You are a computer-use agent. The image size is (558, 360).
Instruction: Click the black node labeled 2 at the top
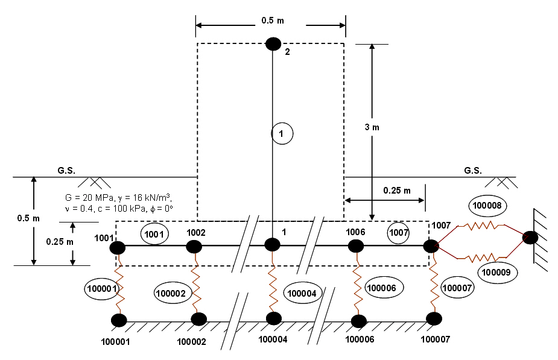(x=273, y=44)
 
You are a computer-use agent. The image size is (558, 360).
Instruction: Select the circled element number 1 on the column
(x=282, y=133)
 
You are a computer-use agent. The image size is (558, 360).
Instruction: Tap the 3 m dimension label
(x=372, y=127)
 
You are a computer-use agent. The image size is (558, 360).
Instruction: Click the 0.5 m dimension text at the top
(x=273, y=21)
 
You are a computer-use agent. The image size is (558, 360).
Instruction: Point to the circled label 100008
(x=487, y=205)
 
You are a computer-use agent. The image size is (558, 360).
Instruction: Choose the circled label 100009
(x=496, y=273)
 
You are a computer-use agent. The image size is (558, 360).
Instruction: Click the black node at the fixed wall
(x=530, y=237)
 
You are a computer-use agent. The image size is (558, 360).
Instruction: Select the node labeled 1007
(x=431, y=246)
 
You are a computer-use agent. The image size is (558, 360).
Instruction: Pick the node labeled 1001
(x=118, y=248)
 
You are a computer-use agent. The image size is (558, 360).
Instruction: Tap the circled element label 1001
(x=154, y=234)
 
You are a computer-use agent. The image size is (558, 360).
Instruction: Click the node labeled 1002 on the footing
(x=194, y=247)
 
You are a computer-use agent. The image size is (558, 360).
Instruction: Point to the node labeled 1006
(x=356, y=246)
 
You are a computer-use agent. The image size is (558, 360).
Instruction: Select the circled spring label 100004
(x=302, y=293)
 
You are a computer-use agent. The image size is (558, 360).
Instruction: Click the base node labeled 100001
(x=119, y=320)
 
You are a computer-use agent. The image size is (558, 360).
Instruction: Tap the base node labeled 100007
(x=434, y=319)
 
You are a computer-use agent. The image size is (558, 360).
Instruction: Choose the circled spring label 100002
(x=171, y=294)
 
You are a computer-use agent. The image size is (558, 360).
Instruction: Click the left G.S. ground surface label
(x=66, y=171)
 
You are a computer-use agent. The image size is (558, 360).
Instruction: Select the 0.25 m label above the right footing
(x=397, y=191)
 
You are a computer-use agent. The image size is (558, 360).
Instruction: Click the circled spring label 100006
(x=381, y=288)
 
